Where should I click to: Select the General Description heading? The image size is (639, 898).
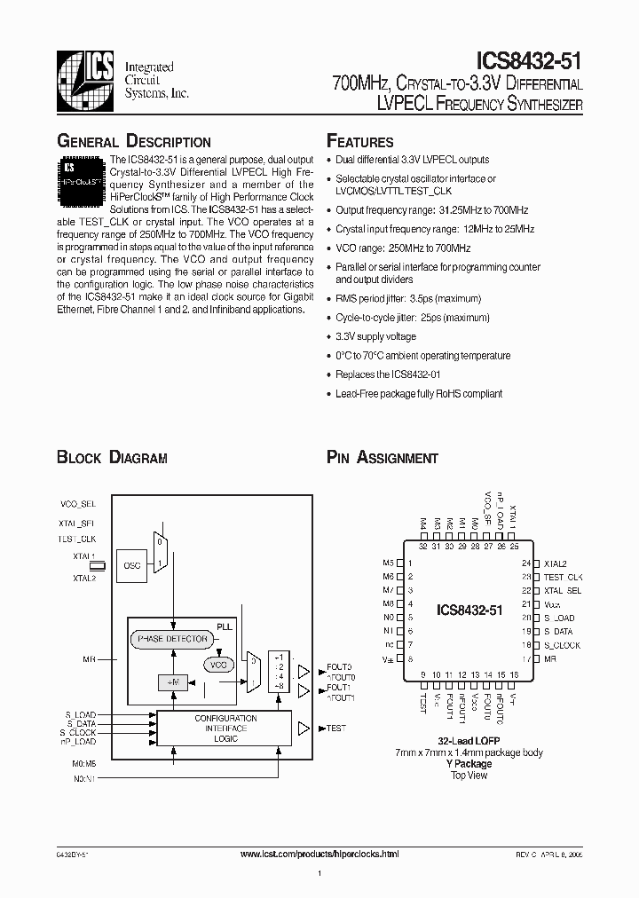coord(134,142)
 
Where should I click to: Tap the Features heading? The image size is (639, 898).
coord(360,142)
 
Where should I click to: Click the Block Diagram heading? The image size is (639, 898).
coord(112,458)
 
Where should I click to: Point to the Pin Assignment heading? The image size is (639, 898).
coord(383,458)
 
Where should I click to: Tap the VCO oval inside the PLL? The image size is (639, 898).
coord(217,664)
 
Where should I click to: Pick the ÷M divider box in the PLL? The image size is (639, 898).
coord(170,681)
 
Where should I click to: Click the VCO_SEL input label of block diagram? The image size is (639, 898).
coord(79,503)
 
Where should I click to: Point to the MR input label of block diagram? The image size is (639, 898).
coord(91,660)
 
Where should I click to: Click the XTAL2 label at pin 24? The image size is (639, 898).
coord(556,563)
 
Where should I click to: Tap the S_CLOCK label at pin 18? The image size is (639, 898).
coord(561,644)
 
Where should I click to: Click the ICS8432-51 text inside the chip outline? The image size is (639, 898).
coord(469,610)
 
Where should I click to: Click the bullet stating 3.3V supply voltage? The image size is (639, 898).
coord(375,336)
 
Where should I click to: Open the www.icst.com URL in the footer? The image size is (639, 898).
coord(320,853)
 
